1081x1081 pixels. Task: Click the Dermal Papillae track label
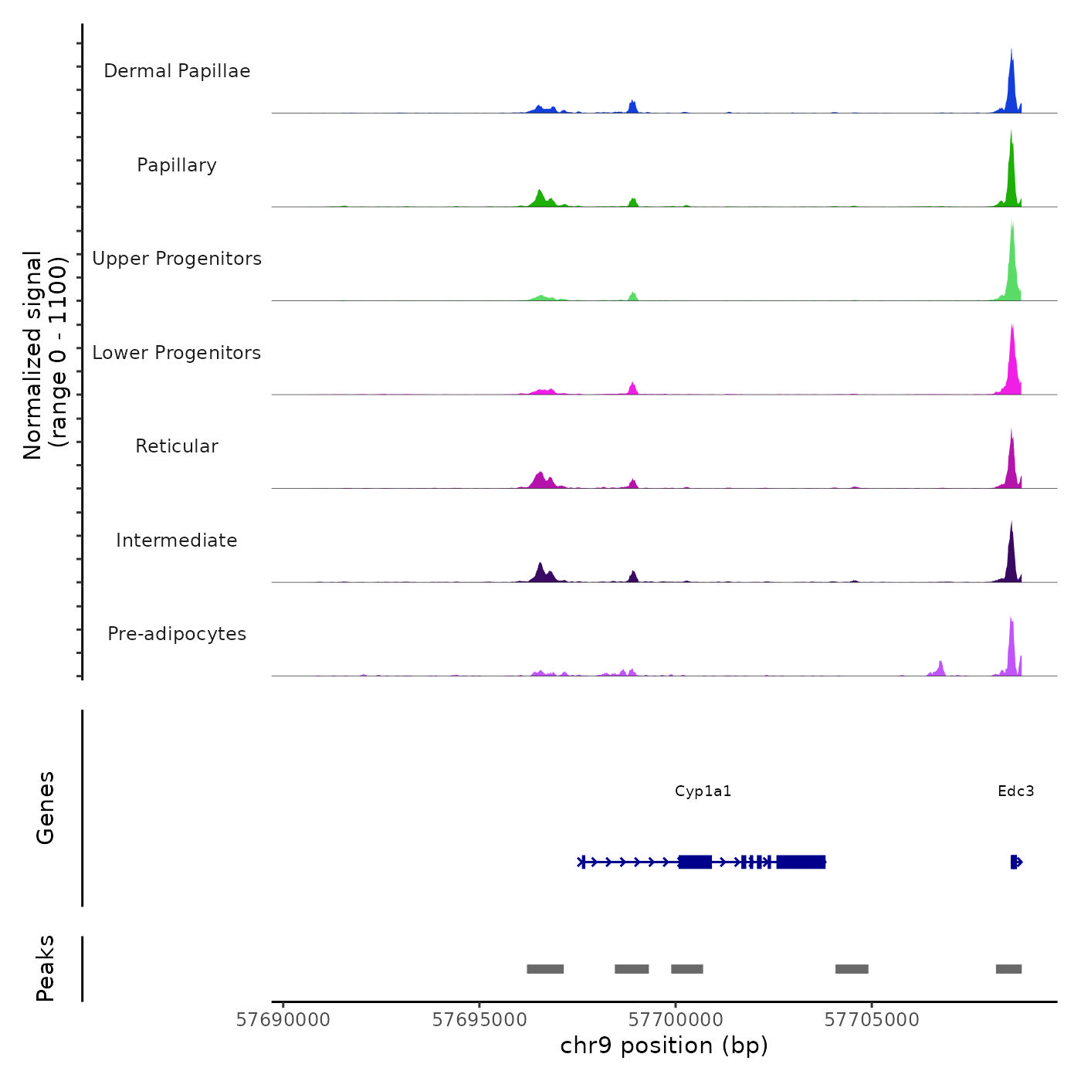coord(177,71)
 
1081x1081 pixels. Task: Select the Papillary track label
coord(177,165)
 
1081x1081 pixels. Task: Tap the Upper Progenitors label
coord(177,259)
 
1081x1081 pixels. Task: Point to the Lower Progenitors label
coord(177,353)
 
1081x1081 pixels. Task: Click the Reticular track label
coord(177,446)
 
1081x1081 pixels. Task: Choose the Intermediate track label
coord(177,540)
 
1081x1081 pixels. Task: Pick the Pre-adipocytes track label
coord(177,634)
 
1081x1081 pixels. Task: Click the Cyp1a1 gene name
coord(703,791)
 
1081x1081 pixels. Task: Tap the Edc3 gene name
coord(1015,791)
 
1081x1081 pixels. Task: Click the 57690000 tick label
coord(283,1020)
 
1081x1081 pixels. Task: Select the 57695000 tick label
coord(480,1020)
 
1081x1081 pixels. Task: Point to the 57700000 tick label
coord(676,1020)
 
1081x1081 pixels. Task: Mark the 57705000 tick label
coord(872,1020)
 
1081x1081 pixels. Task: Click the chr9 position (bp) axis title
coord(664,1046)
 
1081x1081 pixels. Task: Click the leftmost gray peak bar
coord(545,969)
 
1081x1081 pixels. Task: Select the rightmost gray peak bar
coord(1008,969)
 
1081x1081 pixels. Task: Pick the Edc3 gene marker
coord(1015,862)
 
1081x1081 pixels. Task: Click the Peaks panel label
coord(45,968)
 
